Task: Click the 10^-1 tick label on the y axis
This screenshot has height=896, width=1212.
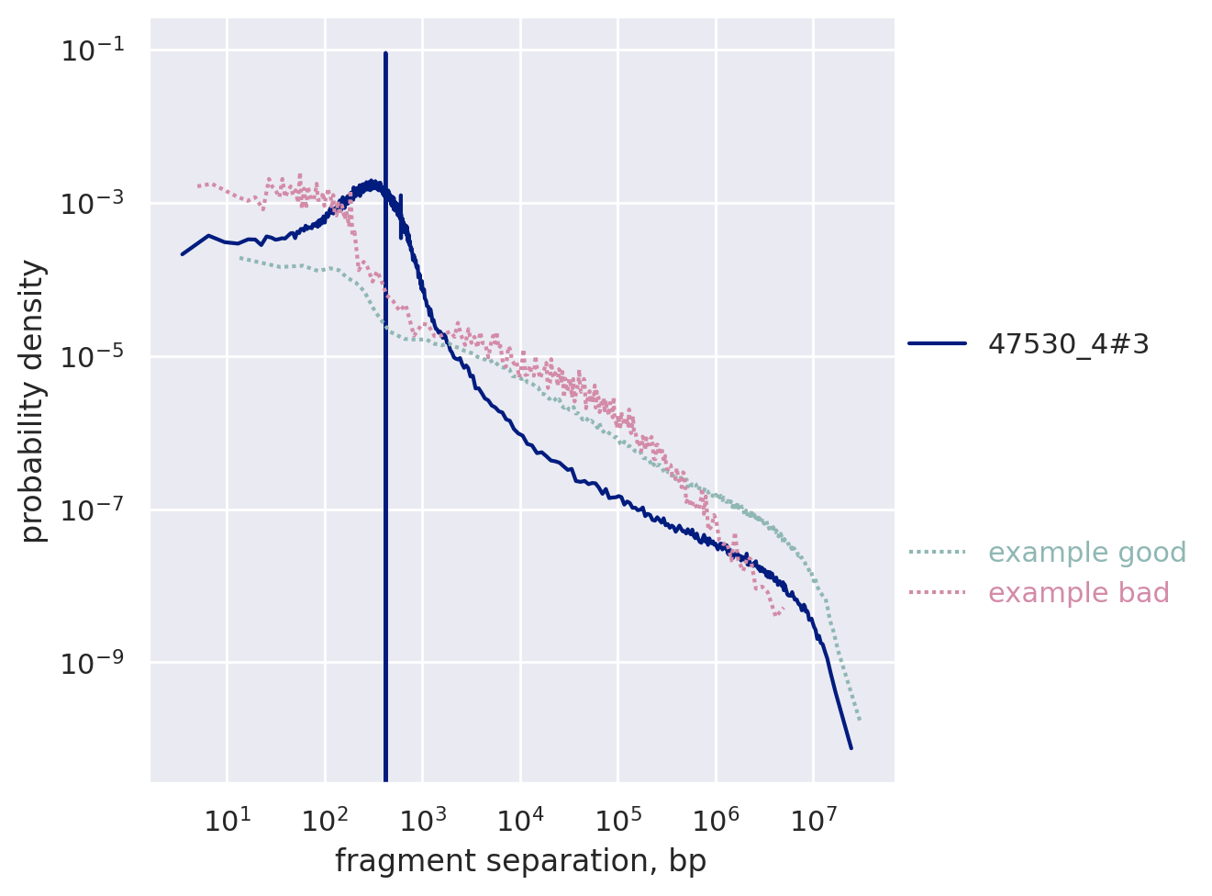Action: (92, 50)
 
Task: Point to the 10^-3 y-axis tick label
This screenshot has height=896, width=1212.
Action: (92, 204)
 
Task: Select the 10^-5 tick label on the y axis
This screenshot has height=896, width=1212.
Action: (92, 356)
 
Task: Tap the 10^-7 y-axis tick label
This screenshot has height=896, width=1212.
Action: (92, 510)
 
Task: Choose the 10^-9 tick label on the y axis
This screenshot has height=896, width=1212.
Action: (92, 663)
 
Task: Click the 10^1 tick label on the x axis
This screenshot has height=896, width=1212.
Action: (227, 819)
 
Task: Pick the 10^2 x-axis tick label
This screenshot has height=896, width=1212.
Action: (325, 819)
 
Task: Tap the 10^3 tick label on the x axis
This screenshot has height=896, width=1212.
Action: (422, 819)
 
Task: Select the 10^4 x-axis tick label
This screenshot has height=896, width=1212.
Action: (520, 819)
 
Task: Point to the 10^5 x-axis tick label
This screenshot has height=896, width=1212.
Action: (617, 819)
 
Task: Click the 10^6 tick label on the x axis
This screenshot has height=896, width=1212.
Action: (716, 819)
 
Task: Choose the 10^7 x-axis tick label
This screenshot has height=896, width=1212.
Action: (813, 819)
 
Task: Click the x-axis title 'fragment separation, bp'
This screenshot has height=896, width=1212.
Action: (520, 861)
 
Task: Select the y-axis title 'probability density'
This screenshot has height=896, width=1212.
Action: (33, 401)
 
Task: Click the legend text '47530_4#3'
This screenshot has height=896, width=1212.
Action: (1068, 344)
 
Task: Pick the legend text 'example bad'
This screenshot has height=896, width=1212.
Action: (1078, 593)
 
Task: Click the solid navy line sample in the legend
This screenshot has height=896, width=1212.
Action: (937, 343)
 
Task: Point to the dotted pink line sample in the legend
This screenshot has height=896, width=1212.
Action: (937, 593)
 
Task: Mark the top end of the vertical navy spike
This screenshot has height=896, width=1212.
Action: (385, 54)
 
